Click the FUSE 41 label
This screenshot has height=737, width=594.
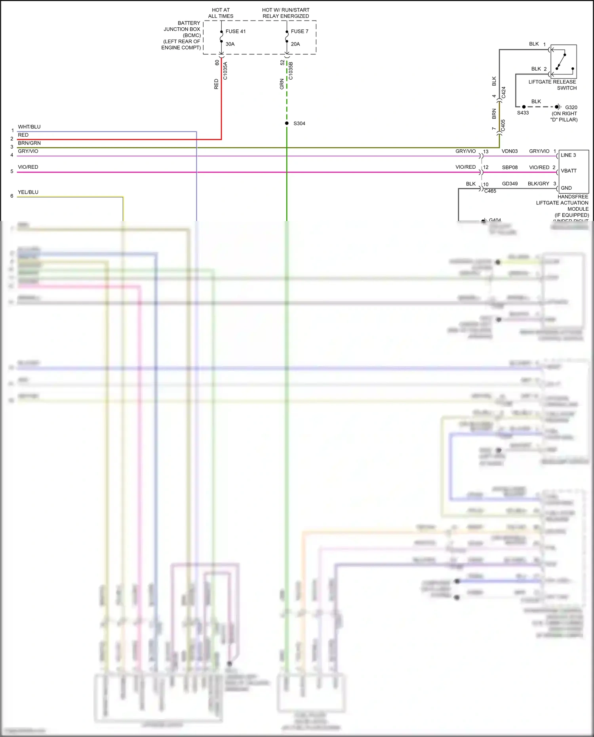tap(235, 31)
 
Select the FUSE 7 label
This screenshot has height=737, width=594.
tap(299, 31)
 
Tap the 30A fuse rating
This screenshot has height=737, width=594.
tap(230, 44)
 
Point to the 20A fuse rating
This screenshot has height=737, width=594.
tap(295, 44)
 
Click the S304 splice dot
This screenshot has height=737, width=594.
tap(287, 123)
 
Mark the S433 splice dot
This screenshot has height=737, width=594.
tap(524, 107)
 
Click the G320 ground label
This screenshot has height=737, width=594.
tap(571, 107)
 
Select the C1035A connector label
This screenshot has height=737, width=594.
tap(225, 71)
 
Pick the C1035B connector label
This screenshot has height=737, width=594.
tap(291, 71)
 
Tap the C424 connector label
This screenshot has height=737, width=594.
tap(504, 93)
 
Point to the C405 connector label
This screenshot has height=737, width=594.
tap(503, 126)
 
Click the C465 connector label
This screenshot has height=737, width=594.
tap(490, 191)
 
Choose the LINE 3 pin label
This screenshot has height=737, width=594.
tap(568, 155)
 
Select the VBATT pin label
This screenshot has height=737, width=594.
tap(569, 171)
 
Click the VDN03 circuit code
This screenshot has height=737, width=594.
tap(510, 151)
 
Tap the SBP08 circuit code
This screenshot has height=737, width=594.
tap(510, 168)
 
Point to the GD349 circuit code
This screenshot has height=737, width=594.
tap(510, 184)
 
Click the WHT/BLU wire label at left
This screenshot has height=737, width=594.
tap(29, 127)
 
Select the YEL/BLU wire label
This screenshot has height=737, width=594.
tap(28, 192)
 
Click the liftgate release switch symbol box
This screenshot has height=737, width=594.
tap(564, 61)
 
